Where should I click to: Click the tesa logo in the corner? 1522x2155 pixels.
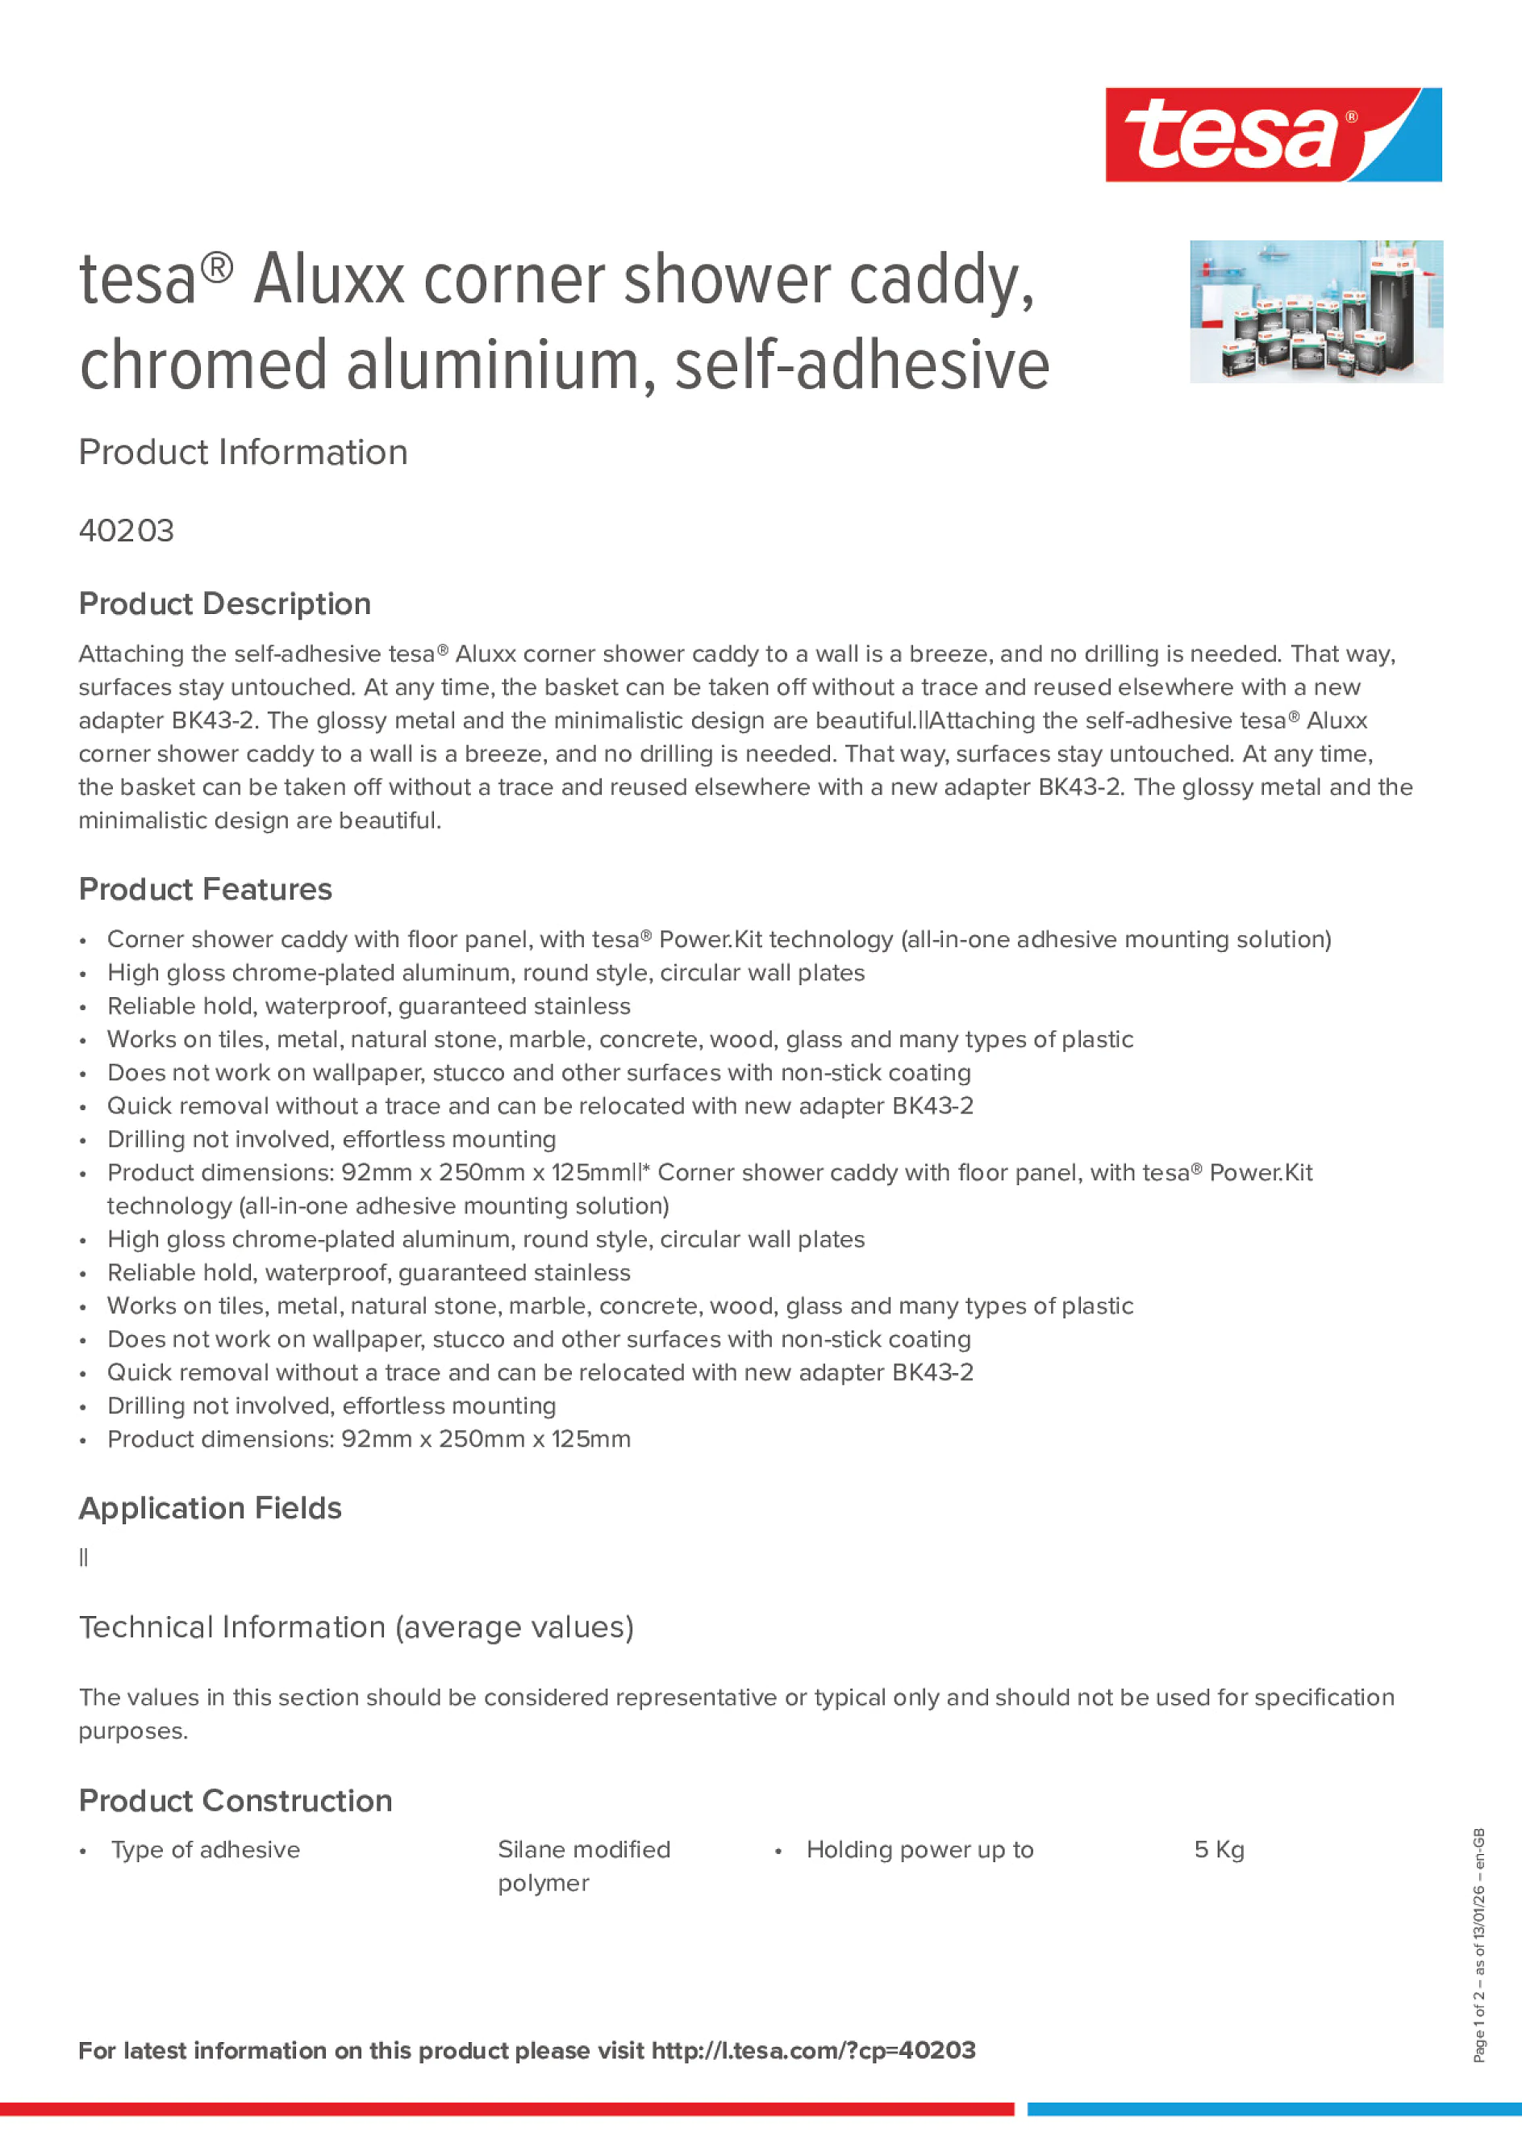(1273, 134)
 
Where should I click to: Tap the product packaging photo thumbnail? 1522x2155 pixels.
(1316, 311)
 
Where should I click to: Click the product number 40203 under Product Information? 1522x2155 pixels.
(127, 531)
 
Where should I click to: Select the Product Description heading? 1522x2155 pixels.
(225, 603)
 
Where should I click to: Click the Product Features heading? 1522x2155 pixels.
(206, 889)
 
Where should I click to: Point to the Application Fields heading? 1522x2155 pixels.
(211, 1507)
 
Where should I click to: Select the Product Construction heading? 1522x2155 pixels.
(236, 1800)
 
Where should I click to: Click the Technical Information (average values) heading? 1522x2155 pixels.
(357, 1627)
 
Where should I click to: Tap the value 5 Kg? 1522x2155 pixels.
(1219, 1850)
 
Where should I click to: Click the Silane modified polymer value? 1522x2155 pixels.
(584, 1866)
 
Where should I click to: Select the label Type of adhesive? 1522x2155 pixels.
(206, 1850)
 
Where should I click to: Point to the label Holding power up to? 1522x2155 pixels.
(919, 1850)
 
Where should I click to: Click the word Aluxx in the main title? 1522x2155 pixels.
(328, 281)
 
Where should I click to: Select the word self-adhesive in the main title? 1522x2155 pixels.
(861, 365)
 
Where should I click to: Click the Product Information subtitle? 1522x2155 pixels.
(243, 453)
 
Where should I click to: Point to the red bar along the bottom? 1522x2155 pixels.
(507, 2109)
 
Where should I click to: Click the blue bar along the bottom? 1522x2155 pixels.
(1274, 2109)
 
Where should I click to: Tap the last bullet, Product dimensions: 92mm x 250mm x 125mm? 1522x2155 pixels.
(369, 1439)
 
